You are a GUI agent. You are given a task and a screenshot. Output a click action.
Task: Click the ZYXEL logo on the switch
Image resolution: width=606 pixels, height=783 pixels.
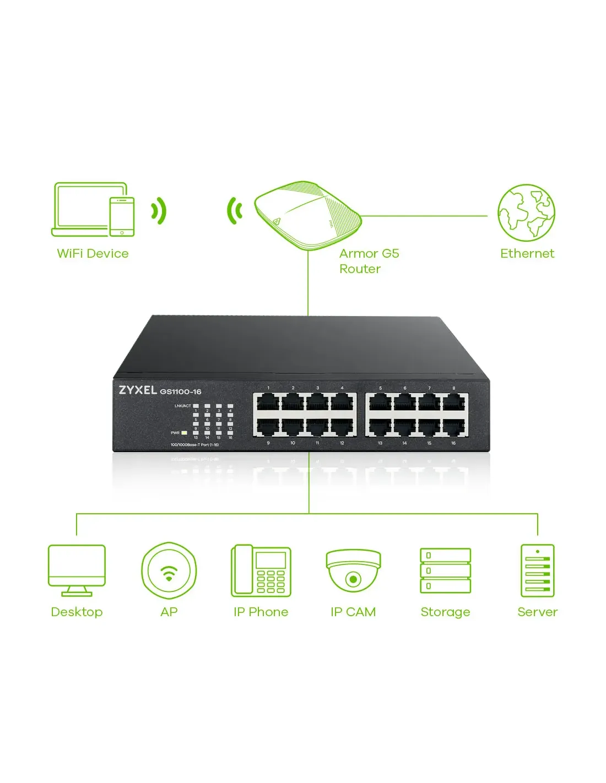tap(138, 390)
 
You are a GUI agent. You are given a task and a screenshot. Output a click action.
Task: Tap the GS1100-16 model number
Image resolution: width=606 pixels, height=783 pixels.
tap(181, 392)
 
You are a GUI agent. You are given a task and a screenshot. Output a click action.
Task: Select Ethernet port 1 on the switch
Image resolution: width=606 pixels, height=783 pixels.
tap(268, 403)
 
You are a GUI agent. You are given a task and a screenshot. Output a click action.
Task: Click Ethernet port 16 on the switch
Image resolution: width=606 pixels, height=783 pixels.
tap(453, 427)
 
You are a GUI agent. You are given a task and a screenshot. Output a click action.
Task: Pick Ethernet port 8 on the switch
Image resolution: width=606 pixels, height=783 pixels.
tap(453, 403)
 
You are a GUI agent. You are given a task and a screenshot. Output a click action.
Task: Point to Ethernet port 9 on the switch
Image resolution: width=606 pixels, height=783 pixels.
tap(268, 427)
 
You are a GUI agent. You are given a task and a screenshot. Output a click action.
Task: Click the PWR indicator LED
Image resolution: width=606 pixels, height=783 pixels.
tap(185, 433)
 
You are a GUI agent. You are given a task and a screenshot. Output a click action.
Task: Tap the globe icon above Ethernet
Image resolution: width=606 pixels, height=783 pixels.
tap(526, 213)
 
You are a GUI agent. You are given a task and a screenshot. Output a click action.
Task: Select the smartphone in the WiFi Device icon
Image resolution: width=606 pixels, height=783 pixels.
tap(122, 216)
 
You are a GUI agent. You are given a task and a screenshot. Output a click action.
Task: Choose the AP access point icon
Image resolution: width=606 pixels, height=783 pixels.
tap(169, 570)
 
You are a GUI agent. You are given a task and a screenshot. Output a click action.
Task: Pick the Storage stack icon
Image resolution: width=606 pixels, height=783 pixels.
tap(445, 570)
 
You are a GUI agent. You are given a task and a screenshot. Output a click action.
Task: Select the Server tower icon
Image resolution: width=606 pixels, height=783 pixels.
tap(537, 570)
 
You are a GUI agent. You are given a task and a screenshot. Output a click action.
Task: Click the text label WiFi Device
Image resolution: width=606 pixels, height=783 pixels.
tap(93, 253)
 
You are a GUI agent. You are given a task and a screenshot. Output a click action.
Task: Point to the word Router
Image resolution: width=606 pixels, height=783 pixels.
tap(360, 269)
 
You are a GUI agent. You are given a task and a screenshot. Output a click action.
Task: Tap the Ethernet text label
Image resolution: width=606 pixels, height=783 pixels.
tap(527, 253)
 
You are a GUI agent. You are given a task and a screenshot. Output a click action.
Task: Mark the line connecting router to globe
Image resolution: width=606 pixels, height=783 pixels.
tap(424, 216)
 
